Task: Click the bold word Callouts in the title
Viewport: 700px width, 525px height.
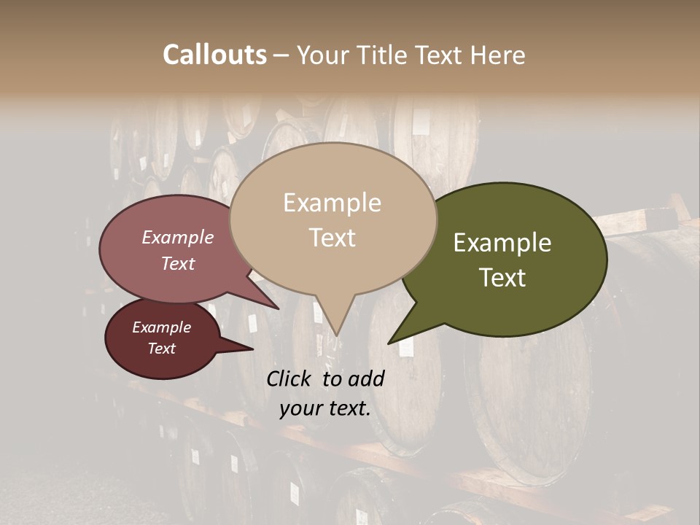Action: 214,55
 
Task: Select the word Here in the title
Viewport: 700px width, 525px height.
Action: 497,55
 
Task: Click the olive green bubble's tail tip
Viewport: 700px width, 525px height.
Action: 390,342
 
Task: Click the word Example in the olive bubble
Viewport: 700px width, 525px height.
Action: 502,243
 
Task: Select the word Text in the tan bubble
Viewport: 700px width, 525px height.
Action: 332,238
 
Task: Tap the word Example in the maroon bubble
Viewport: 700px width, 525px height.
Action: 161,327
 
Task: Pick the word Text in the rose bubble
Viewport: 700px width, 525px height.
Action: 178,264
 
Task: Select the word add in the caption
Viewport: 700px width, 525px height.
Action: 366,378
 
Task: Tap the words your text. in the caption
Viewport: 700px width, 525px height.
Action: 325,408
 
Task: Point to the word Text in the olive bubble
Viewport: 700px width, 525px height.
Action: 503,278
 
